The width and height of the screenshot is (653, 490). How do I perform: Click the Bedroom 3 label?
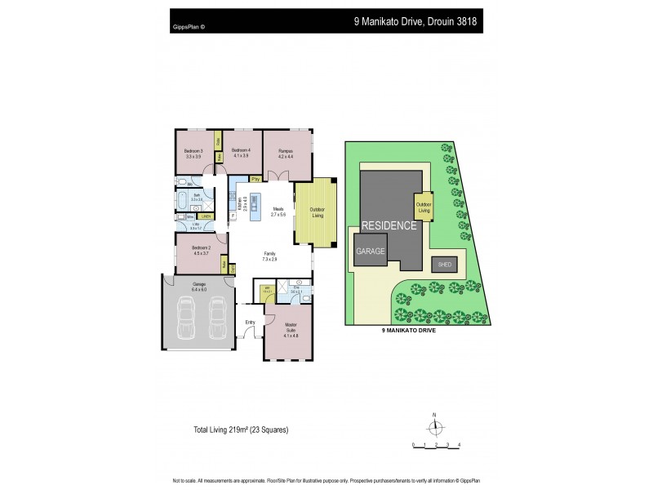click(x=193, y=151)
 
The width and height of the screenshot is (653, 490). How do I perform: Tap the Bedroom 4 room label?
click(x=241, y=151)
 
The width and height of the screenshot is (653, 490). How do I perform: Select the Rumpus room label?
click(x=285, y=151)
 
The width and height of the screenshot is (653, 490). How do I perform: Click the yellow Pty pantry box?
click(x=255, y=179)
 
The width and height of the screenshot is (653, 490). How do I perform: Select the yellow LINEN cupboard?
click(x=207, y=216)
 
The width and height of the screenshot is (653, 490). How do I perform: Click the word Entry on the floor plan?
click(x=251, y=322)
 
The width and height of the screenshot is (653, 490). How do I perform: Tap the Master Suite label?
click(x=291, y=331)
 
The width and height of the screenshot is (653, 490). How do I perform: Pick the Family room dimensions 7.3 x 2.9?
click(x=269, y=259)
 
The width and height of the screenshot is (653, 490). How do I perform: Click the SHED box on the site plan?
click(x=445, y=265)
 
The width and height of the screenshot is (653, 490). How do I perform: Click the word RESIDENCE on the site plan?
click(x=389, y=226)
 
